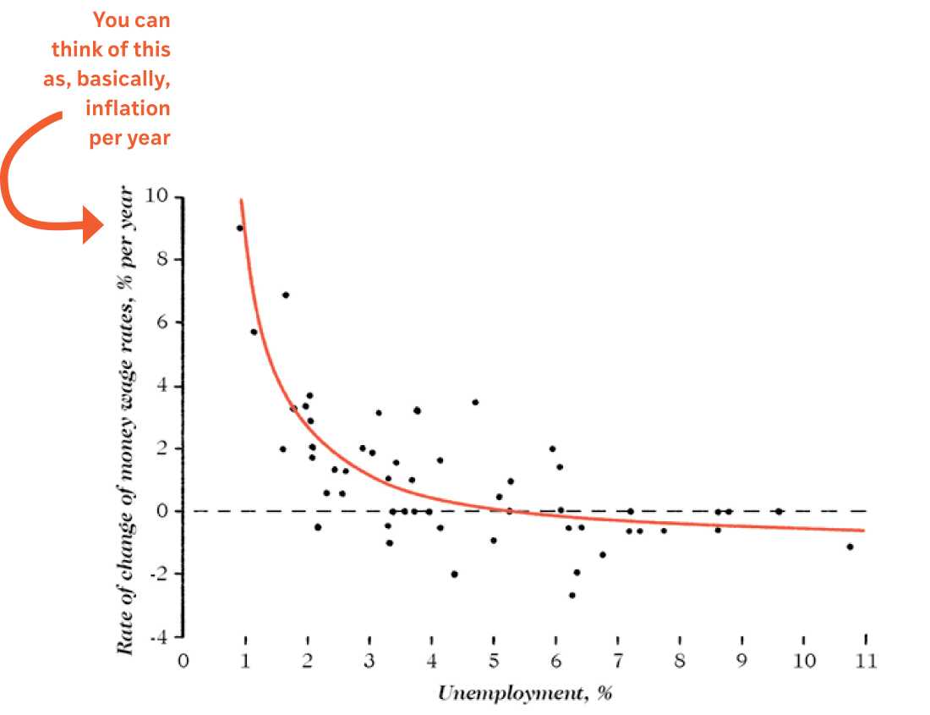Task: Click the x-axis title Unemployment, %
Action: pos(523,694)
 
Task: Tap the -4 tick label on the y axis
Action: pos(157,636)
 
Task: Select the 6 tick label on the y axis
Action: pos(162,322)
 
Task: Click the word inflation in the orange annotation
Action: pos(129,107)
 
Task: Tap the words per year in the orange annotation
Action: pos(129,137)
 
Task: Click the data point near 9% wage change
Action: pos(239,228)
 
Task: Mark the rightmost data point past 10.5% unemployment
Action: pos(850,547)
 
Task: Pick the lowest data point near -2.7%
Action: pos(572,595)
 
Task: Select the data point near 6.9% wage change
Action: pos(286,294)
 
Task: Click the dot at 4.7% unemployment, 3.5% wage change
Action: pos(475,402)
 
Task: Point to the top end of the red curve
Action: pos(241,200)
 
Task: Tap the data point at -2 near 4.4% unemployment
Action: pos(454,574)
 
